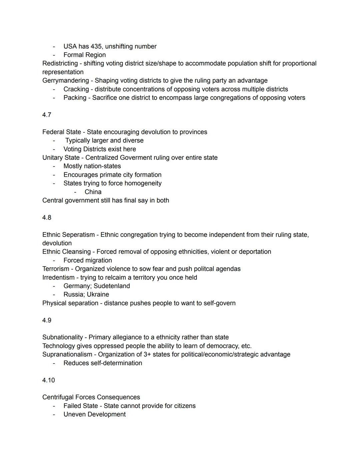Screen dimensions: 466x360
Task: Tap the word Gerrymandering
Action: (x=65, y=81)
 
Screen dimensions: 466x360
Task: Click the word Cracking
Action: (x=76, y=89)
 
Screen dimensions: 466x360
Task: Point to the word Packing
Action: (x=75, y=98)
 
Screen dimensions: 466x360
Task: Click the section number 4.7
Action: (x=47, y=115)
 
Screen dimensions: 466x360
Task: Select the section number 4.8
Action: (x=47, y=217)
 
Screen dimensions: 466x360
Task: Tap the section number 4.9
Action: (x=47, y=320)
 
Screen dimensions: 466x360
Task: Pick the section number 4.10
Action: (x=48, y=380)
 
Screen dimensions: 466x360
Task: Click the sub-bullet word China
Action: (x=93, y=192)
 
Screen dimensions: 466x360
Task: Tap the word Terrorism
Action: (x=56, y=269)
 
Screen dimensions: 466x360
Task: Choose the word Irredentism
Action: (x=58, y=278)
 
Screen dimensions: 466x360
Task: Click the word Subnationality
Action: (x=62, y=337)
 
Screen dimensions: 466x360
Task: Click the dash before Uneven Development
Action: (x=54, y=414)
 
